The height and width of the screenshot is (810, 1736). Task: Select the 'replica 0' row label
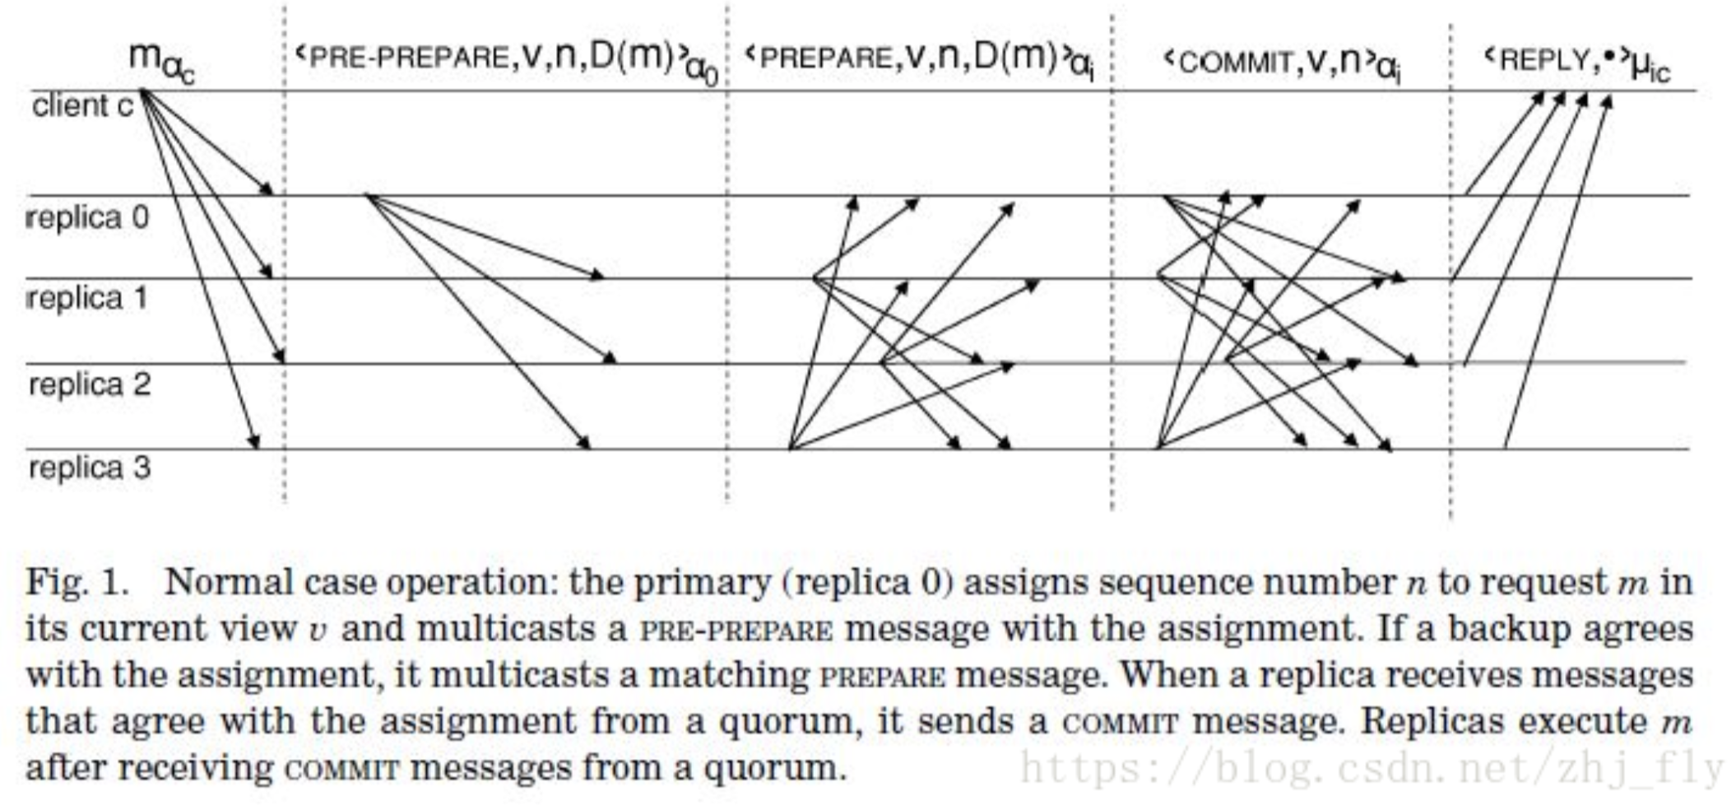click(88, 218)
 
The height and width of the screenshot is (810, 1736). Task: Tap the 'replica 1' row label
click(88, 298)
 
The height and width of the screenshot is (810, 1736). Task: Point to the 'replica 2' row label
click(90, 384)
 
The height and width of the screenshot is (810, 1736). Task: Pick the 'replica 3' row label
click(90, 468)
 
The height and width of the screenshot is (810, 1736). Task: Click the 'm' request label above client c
click(160, 60)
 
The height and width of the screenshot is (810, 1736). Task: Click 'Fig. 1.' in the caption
click(77, 583)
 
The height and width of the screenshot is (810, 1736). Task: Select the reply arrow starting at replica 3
click(1557, 272)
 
